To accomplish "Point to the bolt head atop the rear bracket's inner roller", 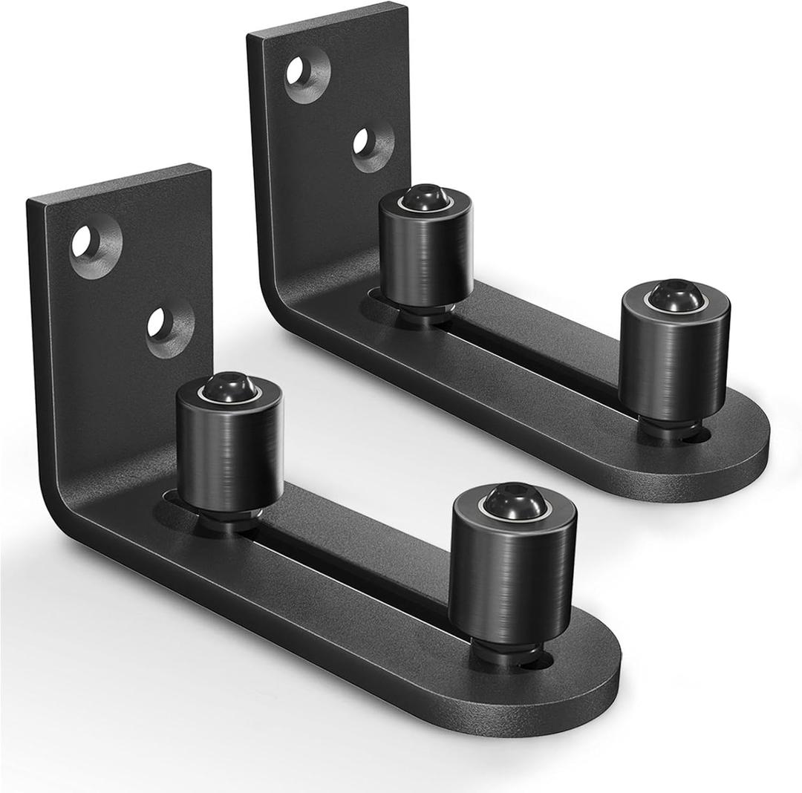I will tap(424, 198).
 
